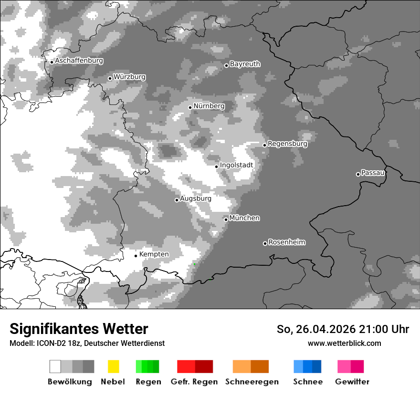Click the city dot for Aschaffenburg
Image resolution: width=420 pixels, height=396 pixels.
(52, 62)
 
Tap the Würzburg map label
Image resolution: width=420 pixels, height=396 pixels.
(129, 77)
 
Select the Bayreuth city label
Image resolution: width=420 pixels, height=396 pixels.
(245, 64)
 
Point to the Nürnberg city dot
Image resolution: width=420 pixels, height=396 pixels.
(190, 107)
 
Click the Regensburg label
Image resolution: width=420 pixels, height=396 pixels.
(287, 144)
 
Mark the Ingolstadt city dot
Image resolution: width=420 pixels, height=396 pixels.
(216, 167)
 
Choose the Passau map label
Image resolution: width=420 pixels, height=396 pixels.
(373, 173)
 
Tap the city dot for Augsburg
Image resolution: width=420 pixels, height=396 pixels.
(177, 200)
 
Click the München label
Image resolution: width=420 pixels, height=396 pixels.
(244, 218)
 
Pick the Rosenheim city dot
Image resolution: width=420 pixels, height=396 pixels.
(265, 244)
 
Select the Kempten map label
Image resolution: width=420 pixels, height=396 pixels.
(154, 254)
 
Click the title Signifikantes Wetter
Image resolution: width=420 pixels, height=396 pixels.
(79, 329)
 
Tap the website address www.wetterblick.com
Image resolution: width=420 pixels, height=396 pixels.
(344, 343)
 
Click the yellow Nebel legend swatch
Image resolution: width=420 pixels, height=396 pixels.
(113, 366)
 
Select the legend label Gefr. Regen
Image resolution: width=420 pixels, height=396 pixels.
(194, 382)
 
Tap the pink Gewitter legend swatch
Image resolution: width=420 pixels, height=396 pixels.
(344, 366)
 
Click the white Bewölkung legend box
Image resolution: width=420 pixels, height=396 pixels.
(55, 366)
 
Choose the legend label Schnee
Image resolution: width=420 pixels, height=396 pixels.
(307, 382)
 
